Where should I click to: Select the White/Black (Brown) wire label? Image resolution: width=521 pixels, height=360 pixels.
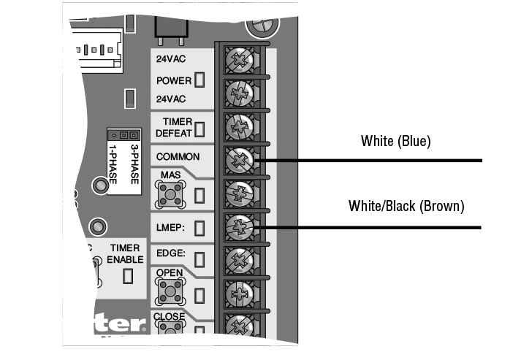(406, 207)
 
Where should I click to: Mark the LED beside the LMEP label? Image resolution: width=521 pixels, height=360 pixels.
(199, 227)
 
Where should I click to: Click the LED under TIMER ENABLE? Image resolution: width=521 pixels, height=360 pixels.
(128, 276)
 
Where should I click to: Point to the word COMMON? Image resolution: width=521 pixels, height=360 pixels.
(178, 156)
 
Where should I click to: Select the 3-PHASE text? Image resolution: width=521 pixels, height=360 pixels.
(134, 160)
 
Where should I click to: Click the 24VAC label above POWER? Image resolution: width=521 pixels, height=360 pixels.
(170, 58)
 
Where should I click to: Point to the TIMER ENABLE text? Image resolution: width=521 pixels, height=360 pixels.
(126, 253)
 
